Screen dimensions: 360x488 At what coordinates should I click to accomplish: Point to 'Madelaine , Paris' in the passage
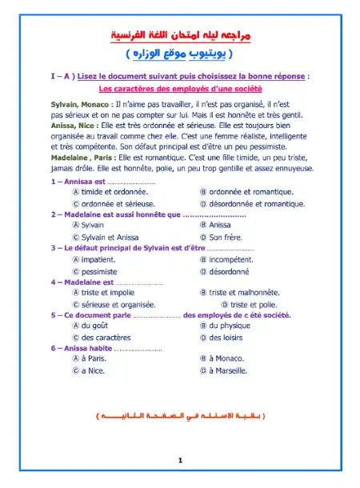pyautogui.click(x=85, y=157)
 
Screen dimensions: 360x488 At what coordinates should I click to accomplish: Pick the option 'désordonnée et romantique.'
pyautogui.click(x=252, y=203)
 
